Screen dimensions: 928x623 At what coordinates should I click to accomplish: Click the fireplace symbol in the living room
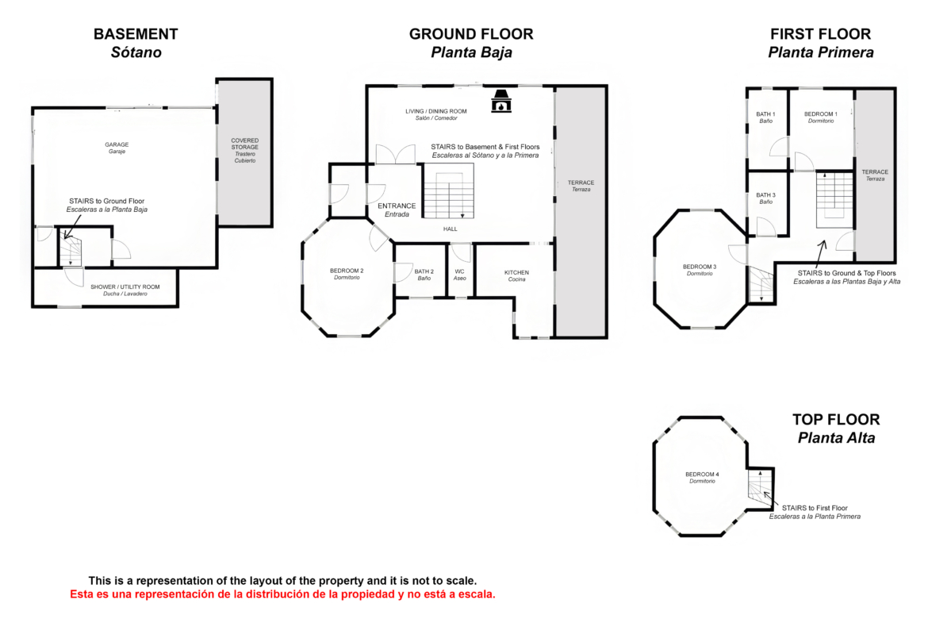tap(501, 102)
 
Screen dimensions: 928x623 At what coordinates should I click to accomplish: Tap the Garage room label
tap(117, 148)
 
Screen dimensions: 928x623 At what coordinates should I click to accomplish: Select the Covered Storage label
tap(245, 151)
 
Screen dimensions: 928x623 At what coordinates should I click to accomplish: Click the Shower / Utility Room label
tap(125, 290)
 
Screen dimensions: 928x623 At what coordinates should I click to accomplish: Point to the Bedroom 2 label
tap(347, 274)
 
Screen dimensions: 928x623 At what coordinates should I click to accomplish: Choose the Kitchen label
tap(516, 275)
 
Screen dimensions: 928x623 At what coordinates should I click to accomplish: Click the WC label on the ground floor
tap(460, 275)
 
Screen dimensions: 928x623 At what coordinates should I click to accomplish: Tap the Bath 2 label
tap(424, 275)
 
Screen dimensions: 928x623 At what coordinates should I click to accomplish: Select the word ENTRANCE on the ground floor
tap(397, 206)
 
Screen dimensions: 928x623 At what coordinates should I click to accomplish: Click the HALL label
tap(451, 229)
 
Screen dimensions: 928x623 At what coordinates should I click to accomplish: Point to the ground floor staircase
tap(449, 191)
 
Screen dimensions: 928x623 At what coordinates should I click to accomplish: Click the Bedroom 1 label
tap(821, 117)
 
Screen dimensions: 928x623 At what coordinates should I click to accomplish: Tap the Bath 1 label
tap(766, 117)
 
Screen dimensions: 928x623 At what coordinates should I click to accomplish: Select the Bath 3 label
tap(766, 198)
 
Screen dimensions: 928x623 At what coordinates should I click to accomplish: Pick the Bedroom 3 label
tap(700, 270)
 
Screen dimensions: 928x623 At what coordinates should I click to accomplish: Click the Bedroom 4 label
tap(703, 477)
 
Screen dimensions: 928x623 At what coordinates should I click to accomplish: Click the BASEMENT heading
tap(136, 34)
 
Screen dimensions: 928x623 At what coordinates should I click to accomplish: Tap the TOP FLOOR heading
tap(836, 420)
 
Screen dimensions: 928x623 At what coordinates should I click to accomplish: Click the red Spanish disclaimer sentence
tap(283, 594)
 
